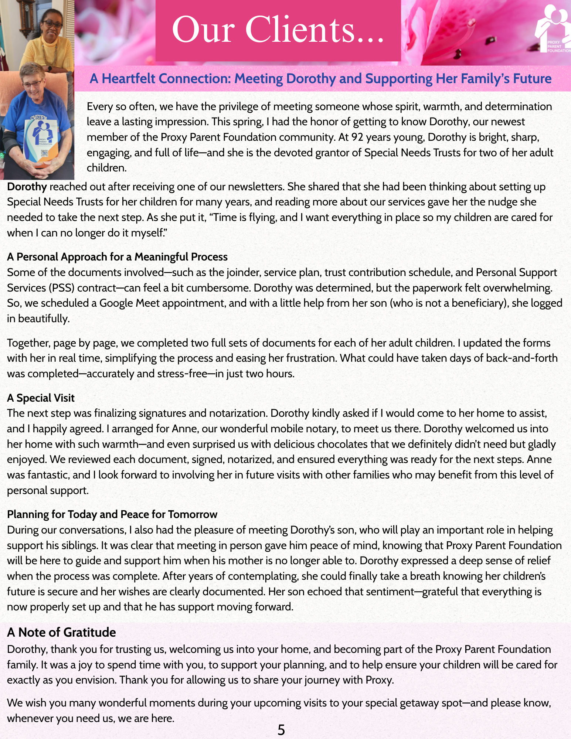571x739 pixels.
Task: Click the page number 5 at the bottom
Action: (x=281, y=730)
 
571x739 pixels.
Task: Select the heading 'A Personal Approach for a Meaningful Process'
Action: (x=117, y=257)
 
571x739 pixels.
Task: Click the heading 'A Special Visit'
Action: (x=41, y=398)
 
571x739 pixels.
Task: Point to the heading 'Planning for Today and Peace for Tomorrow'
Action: (x=112, y=514)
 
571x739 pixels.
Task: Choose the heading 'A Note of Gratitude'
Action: (x=61, y=632)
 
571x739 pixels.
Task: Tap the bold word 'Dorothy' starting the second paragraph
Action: (x=27, y=187)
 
